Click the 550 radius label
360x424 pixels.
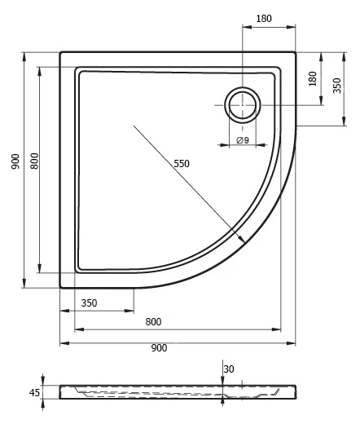[182, 164]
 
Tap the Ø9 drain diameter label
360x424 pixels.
[243, 140]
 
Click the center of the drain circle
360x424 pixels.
[243, 105]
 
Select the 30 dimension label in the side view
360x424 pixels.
[229, 369]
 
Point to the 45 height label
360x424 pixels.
[34, 392]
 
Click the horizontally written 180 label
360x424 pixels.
[264, 19]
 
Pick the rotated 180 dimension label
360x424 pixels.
[313, 79]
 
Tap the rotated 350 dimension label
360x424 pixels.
[337, 86]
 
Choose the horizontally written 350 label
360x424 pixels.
[89, 303]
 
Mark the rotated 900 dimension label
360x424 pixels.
[15, 161]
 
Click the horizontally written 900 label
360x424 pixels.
[159, 348]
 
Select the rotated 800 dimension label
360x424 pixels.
[34, 161]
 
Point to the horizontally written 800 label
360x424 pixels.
[153, 322]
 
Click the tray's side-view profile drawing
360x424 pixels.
[178, 392]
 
